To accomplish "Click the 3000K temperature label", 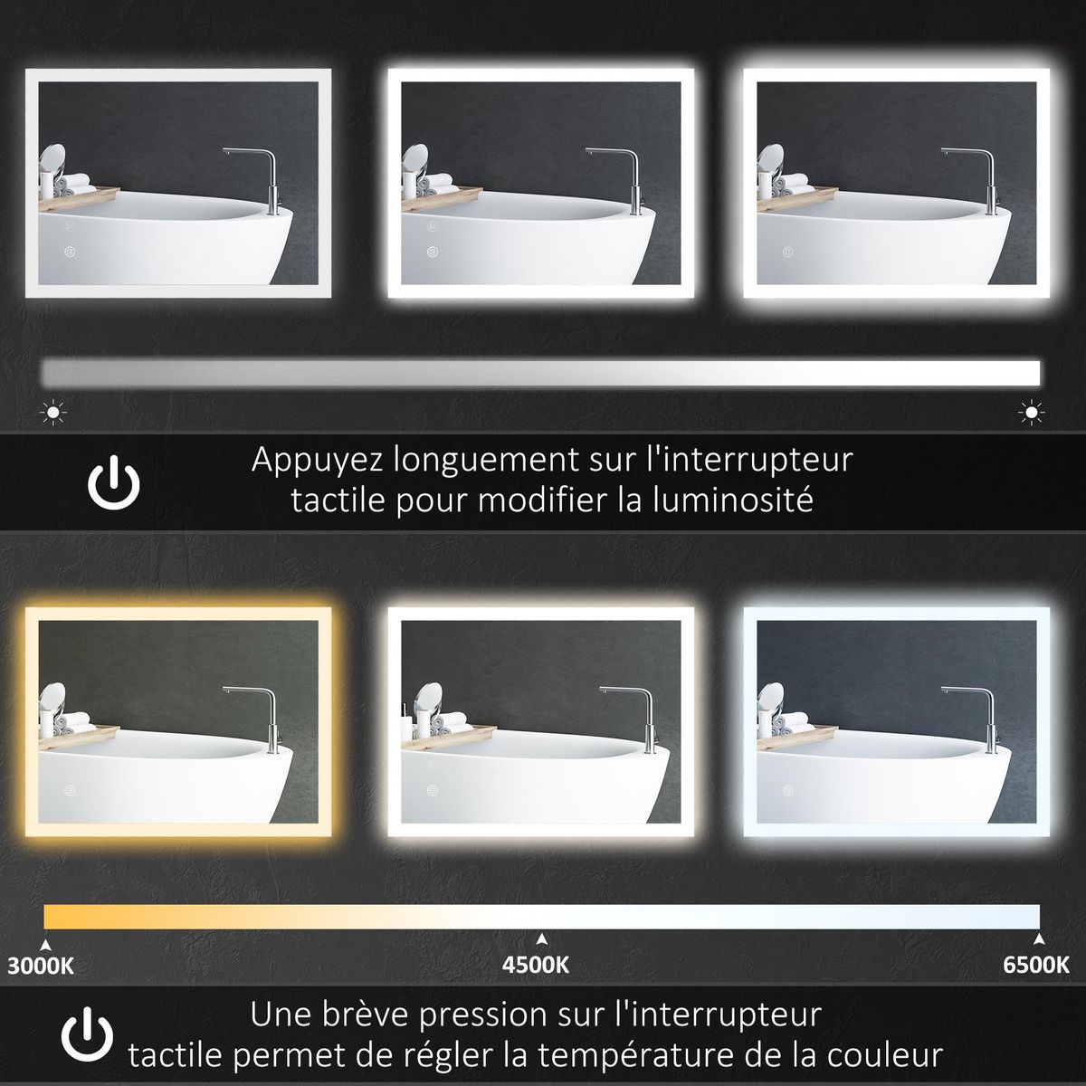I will point(41,965).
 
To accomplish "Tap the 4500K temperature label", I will point(536,965).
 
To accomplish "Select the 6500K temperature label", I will point(1036,965).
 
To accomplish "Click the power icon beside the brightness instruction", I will point(114,483).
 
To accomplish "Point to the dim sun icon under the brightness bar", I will point(54,414).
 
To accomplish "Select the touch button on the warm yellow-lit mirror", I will point(71,786).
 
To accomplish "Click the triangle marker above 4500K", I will point(541,938).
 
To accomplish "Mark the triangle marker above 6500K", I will point(1039,938).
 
